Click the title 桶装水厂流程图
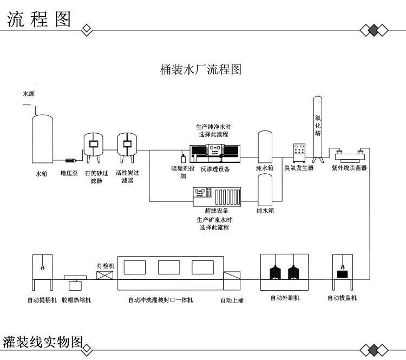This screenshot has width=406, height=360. (x=200, y=70)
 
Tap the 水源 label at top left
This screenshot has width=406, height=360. (x=28, y=94)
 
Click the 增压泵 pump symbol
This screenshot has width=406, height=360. (x=70, y=160)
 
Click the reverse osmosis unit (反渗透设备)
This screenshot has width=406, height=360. (x=215, y=152)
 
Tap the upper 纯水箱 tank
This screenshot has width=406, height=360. (x=265, y=147)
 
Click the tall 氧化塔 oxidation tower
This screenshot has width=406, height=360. (x=318, y=130)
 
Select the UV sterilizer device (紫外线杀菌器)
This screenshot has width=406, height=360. (x=349, y=156)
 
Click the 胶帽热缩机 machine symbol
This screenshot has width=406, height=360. (x=75, y=284)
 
